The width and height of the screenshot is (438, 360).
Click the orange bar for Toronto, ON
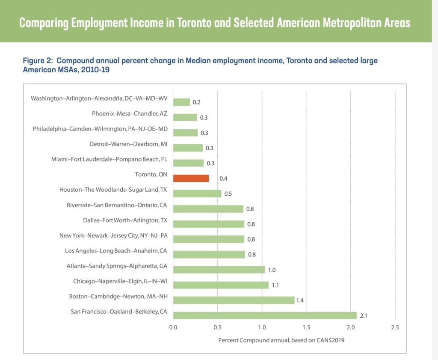[191, 178]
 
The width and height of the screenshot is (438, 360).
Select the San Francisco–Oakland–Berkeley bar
[265, 315]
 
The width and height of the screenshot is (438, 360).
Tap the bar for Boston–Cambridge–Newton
[234, 300]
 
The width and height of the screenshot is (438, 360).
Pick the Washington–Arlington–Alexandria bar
[181, 102]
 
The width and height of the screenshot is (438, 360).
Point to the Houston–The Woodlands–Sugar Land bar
[197, 193]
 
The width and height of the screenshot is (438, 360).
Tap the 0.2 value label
[197, 102]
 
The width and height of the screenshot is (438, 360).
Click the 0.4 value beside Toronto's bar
[223, 179]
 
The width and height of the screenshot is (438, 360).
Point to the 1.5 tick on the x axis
[306, 327]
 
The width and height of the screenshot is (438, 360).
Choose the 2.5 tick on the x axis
[395, 327]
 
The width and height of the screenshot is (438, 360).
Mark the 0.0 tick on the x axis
[173, 327]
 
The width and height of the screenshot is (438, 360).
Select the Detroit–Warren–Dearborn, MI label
[128, 144]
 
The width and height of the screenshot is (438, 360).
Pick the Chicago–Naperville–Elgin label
[120, 281]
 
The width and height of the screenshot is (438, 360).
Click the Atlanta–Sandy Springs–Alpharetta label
[117, 266]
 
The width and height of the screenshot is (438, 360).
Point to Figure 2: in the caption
[39, 61]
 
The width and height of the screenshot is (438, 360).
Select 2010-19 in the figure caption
[97, 69]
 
